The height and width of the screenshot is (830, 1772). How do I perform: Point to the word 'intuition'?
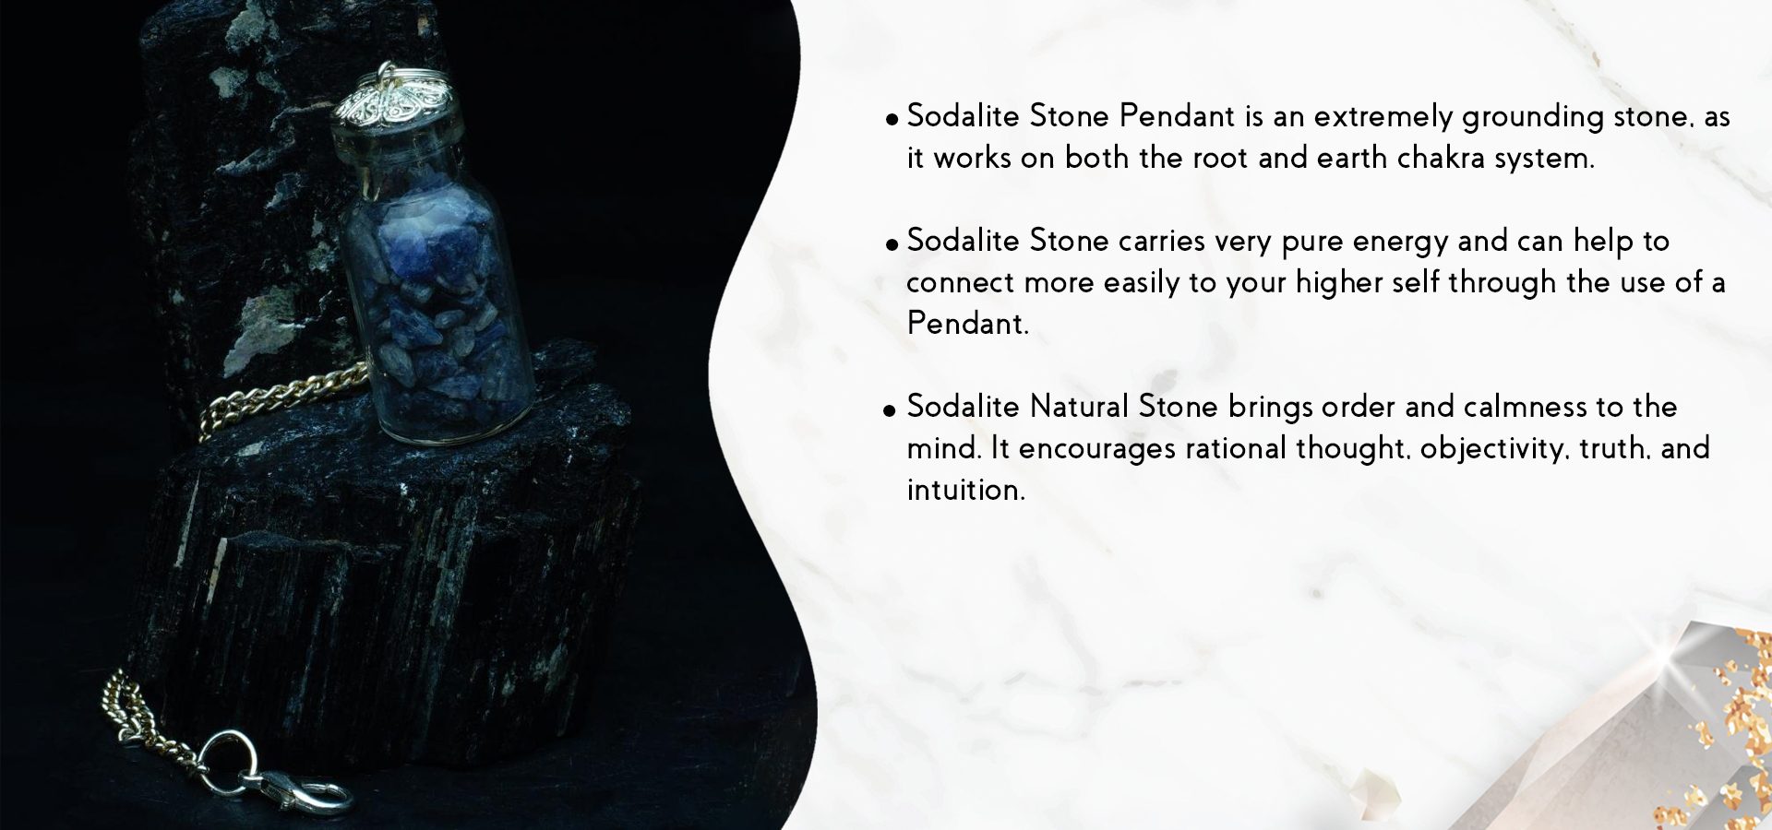tap(965, 490)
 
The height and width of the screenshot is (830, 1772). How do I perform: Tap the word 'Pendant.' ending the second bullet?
tap(967, 324)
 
